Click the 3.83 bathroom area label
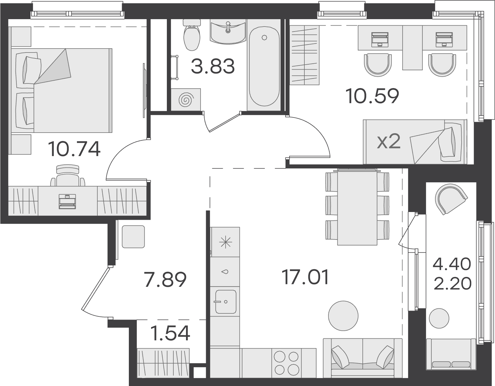tap(213, 66)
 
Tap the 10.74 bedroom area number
tap(74, 149)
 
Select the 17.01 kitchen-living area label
tap(305, 277)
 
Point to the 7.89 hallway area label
tap(165, 280)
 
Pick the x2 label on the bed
tap(389, 142)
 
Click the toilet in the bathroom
tap(192, 35)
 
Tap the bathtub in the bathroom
tap(264, 66)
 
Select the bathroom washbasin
tap(228, 32)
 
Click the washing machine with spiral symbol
tap(186, 100)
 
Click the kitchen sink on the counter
tap(226, 302)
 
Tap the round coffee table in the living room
tap(343, 316)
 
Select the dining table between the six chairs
tap(357, 207)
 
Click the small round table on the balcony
tap(439, 318)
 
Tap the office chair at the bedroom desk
tap(68, 176)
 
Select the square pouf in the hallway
tap(133, 237)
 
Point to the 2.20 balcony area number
tap(452, 284)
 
